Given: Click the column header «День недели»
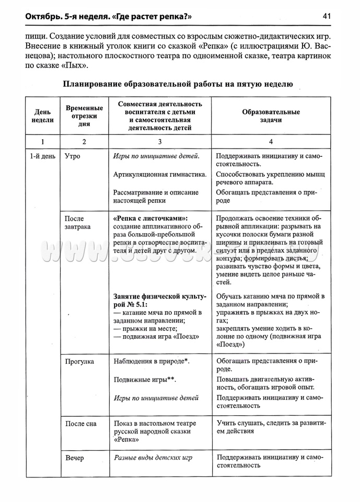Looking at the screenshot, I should tap(43, 116).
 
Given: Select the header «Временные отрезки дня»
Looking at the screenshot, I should tap(84, 116).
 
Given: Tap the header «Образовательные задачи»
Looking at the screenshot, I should tap(271, 116).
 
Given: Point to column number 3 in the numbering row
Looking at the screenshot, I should tap(160, 142).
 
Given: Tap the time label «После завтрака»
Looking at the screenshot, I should tap(77, 223).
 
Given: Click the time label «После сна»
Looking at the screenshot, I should tap(81, 424).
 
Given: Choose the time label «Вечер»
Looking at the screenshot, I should tap(75, 458).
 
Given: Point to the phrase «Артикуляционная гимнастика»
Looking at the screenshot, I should tap(160, 174).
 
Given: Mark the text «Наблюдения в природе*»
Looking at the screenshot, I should tap(151, 361).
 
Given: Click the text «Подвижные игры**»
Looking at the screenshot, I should tap(145, 380).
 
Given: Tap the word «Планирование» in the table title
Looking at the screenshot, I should tap(91, 84).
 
